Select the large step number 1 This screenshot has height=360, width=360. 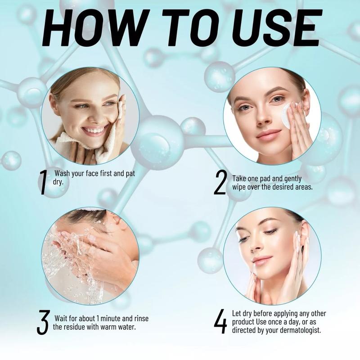click(x=43, y=183)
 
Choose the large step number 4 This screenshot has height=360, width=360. click(x=220, y=322)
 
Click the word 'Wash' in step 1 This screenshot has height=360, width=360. click(x=63, y=172)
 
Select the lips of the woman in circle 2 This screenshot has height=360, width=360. click(x=269, y=134)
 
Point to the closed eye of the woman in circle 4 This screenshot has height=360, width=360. click(x=270, y=232)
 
